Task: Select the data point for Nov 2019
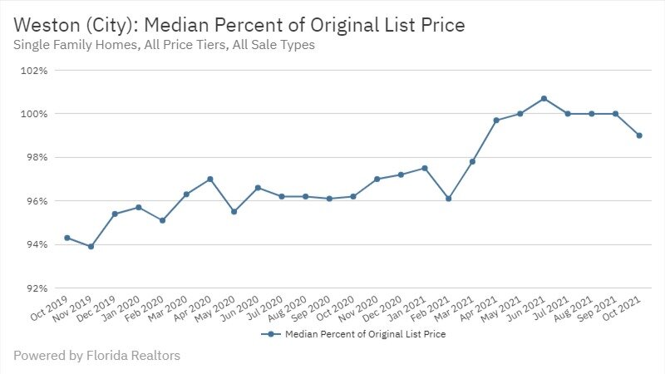[x=91, y=246]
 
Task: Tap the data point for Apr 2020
[x=210, y=179]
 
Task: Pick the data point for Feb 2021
[x=448, y=199]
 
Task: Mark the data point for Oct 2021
[x=639, y=135]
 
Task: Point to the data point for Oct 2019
[x=66, y=238]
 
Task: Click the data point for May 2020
[x=234, y=211]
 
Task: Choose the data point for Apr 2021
[x=496, y=121]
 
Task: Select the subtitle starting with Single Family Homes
[x=164, y=45]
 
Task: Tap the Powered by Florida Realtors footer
[x=96, y=356]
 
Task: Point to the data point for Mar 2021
[x=472, y=161]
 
